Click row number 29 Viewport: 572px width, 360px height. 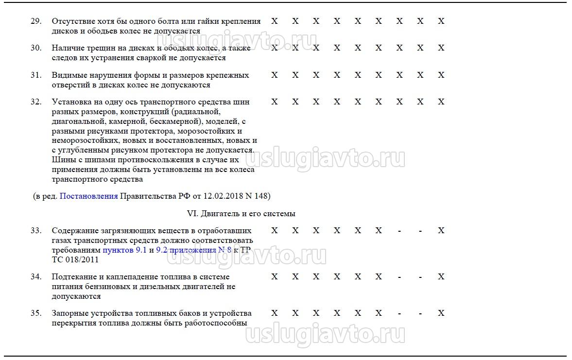[36, 21]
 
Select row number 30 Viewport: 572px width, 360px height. [36, 48]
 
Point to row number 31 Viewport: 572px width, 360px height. [36, 75]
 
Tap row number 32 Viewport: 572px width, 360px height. [36, 102]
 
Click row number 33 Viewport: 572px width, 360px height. [36, 231]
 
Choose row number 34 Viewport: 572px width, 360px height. [36, 277]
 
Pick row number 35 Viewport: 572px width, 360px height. [36, 313]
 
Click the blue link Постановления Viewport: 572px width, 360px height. [88, 196]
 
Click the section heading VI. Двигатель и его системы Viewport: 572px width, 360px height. [241, 214]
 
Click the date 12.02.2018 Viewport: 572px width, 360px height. [216, 196]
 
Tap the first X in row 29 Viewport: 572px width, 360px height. [275, 21]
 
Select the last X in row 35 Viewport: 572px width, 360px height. [441, 313]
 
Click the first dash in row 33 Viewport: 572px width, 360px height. [399, 231]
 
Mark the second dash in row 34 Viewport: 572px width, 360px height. [420, 277]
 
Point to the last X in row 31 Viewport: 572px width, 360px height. [441, 75]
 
